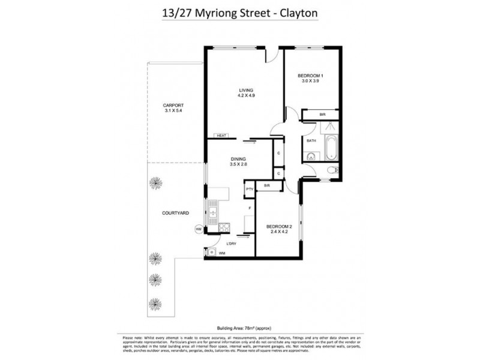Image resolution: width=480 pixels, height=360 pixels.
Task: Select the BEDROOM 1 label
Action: coord(310,76)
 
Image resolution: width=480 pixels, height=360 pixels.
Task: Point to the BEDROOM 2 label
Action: coord(280,226)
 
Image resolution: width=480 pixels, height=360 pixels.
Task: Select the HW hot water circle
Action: coord(199,229)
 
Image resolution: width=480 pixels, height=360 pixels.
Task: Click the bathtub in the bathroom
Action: coord(330,148)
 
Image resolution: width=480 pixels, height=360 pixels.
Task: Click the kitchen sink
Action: coord(214,211)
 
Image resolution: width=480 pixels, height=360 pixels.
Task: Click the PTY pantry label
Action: coord(248,190)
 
